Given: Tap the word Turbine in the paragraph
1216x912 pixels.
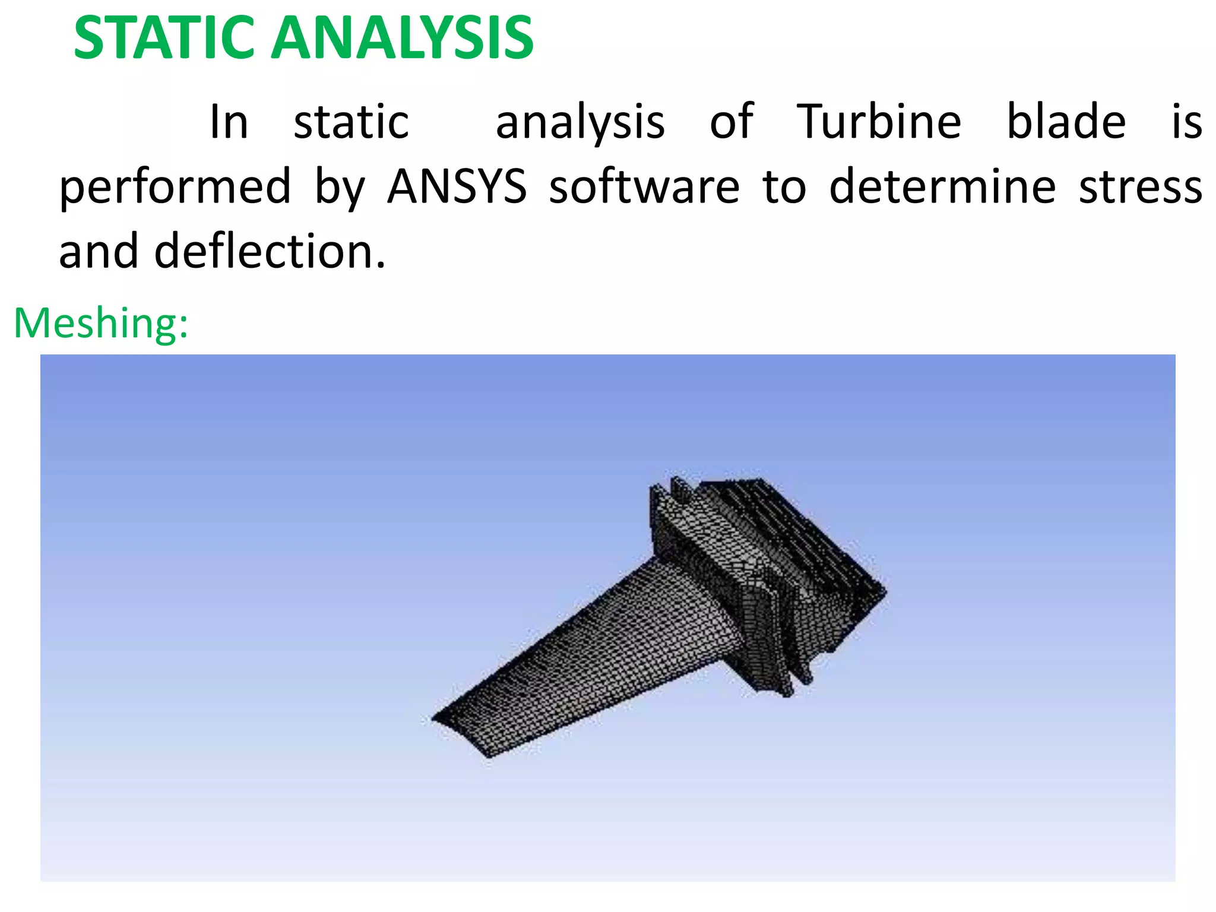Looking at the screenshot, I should (878, 122).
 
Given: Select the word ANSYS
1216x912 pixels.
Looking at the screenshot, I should (457, 186).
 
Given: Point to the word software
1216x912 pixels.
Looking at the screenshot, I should (644, 186).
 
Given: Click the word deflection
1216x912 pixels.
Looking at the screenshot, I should (270, 251).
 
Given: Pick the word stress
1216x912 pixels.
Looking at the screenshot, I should (1140, 186).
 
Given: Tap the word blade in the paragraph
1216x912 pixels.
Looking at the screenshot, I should (1066, 122).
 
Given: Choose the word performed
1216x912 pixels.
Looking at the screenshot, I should (175, 186).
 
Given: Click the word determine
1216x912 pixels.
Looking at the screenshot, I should (942, 186).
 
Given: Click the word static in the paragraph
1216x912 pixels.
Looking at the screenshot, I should (351, 122).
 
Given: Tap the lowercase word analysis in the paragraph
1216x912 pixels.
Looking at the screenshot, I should (580, 122).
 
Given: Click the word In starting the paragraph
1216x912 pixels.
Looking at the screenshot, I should (229, 122).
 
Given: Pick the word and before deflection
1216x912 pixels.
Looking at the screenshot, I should (98, 251).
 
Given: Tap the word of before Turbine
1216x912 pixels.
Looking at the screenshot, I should (732, 122).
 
